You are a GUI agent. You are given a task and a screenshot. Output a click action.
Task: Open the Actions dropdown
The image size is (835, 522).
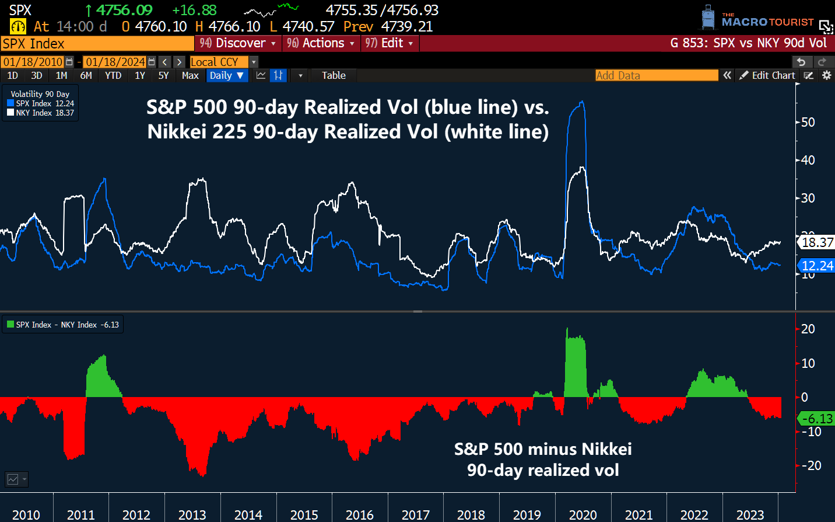321,43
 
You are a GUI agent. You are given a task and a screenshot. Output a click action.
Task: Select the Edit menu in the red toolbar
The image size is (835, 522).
390,43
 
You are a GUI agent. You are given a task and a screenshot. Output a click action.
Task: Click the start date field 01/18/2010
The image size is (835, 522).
33,62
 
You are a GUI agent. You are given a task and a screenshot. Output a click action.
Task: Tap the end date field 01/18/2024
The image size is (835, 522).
115,62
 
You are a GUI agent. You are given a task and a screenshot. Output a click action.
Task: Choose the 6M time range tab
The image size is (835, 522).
86,75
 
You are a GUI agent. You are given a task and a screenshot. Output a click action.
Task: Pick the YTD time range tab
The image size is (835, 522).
113,75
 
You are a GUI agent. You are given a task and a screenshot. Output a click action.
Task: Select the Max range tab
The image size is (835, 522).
190,75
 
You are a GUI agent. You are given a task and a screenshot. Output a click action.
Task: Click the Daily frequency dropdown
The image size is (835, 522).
227,75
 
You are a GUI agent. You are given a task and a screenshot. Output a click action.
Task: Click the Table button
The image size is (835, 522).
334,75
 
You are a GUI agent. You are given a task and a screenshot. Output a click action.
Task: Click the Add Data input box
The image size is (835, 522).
656,75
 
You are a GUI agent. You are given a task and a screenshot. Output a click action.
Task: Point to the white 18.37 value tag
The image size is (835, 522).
816,242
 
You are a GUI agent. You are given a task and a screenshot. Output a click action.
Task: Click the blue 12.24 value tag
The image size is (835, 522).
816,266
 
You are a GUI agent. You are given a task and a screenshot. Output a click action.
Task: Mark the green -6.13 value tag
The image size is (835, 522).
816,419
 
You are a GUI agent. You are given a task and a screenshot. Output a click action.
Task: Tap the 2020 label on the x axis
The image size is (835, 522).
583,515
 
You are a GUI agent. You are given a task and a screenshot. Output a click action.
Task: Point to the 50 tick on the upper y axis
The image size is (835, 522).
808,123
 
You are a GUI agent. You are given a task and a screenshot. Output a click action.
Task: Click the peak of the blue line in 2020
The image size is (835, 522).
581,103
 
